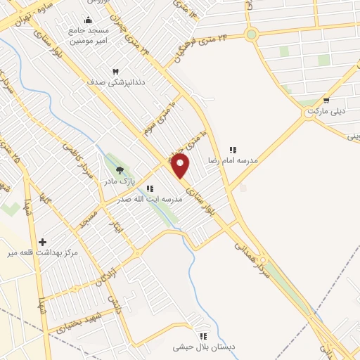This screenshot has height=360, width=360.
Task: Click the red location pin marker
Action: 181,166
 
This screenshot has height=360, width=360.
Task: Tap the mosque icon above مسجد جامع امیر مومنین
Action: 88,20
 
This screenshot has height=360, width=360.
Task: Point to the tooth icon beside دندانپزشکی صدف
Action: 117,71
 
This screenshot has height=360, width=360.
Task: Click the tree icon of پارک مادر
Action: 120,169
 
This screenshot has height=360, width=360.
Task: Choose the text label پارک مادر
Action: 120,181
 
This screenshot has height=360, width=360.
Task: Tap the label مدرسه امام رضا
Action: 232,161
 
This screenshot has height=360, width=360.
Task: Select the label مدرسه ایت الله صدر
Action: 153,200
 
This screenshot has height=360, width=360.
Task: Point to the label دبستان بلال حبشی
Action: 203,347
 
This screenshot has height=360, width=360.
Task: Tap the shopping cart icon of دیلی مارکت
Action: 326,101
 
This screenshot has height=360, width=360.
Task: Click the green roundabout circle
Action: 251,34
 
